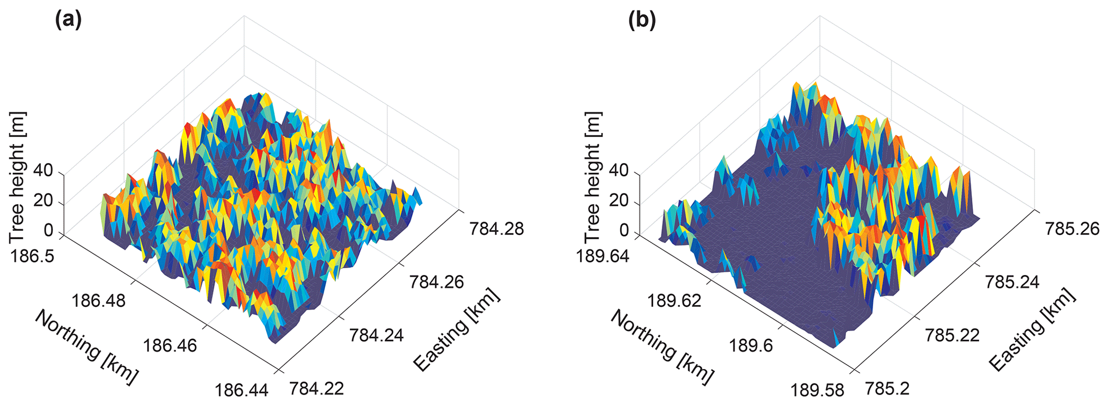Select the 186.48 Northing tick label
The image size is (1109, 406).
(x=99, y=300)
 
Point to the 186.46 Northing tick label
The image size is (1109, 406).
(x=170, y=344)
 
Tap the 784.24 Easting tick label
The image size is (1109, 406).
(x=377, y=335)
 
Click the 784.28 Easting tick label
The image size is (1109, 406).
(x=497, y=229)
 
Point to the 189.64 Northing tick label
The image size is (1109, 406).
(x=603, y=255)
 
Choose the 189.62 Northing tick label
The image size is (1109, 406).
(x=674, y=300)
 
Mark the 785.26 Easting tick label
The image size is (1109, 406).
(x=1072, y=229)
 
